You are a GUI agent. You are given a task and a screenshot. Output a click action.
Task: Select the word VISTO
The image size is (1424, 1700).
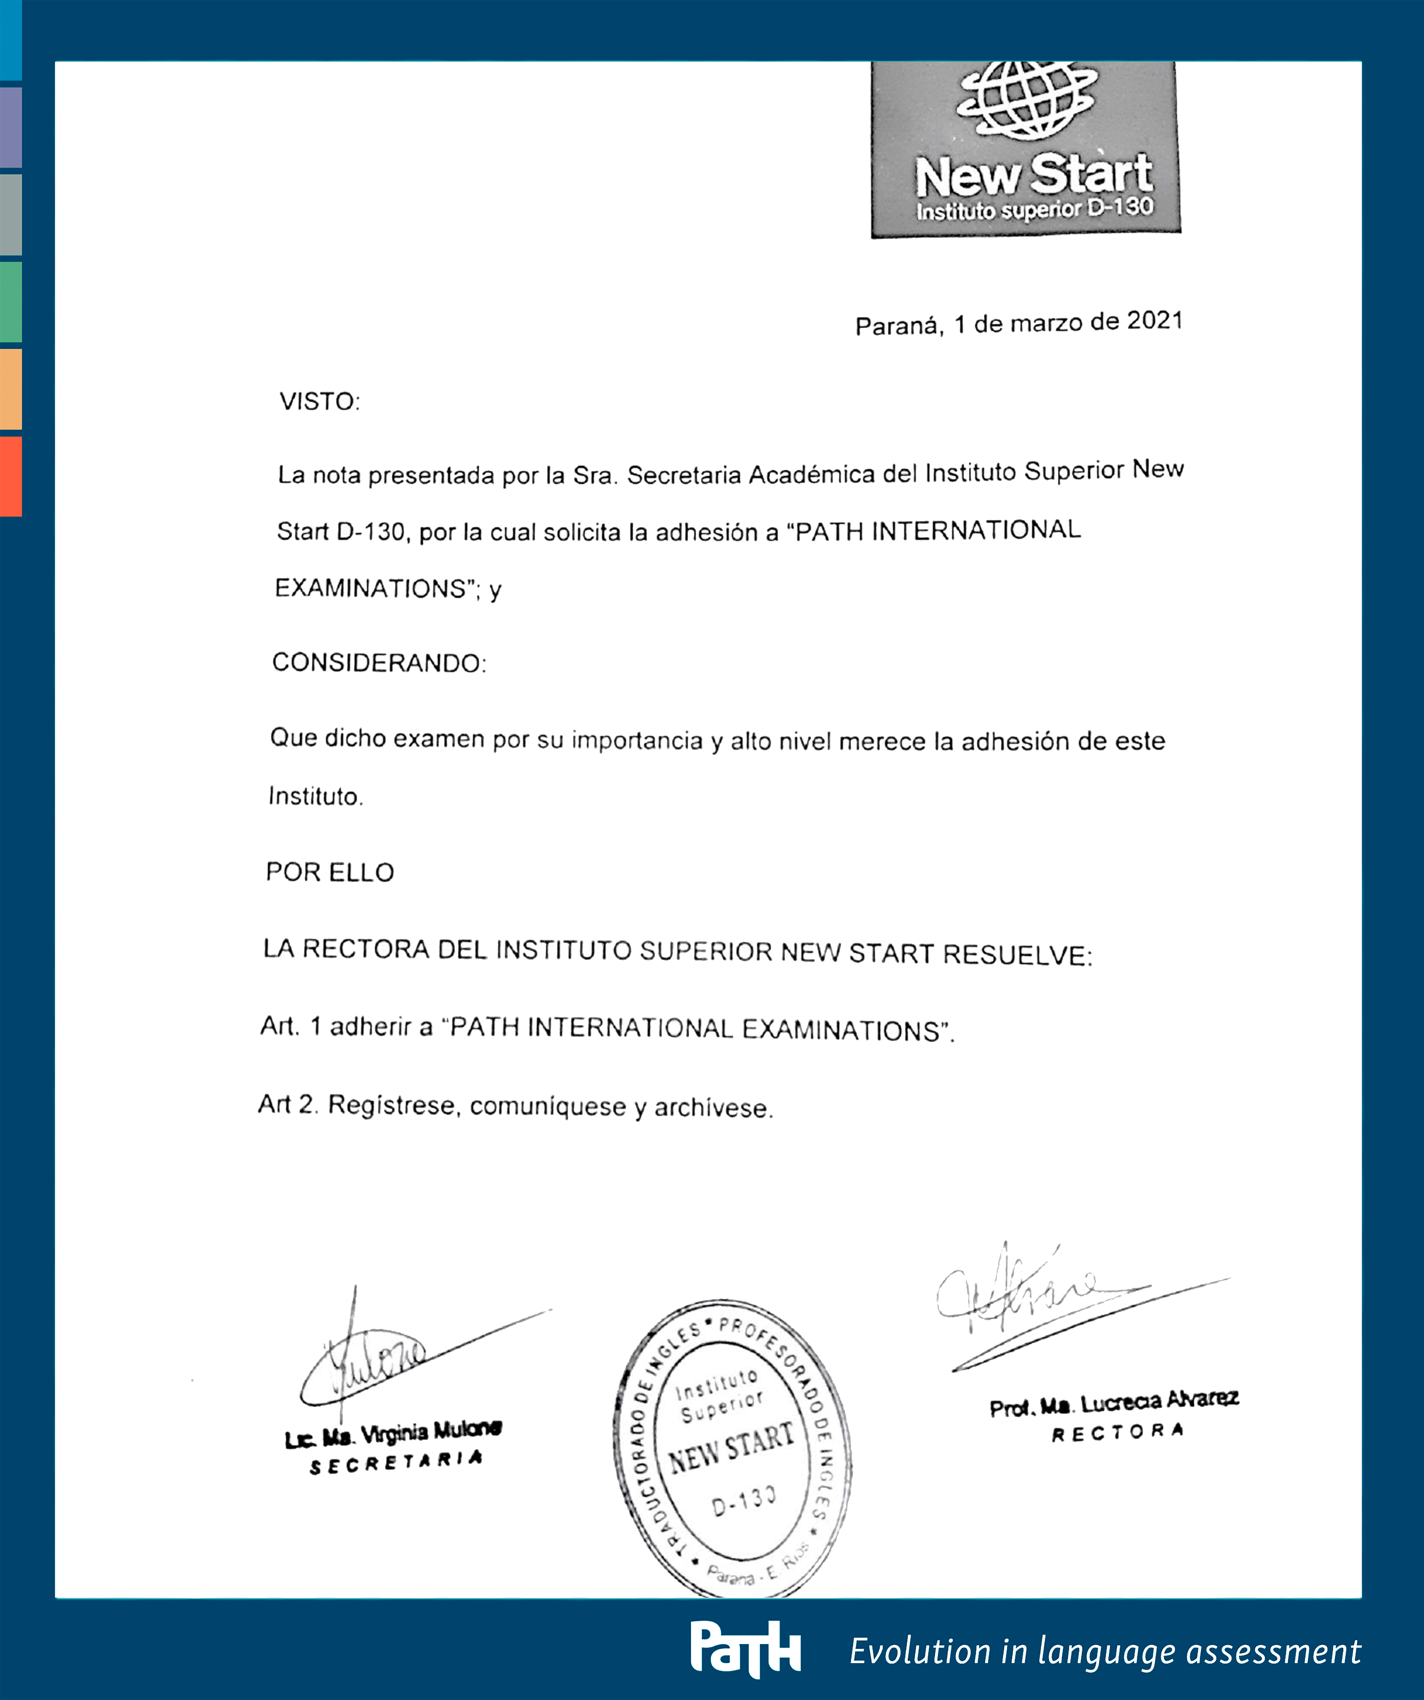click(x=319, y=402)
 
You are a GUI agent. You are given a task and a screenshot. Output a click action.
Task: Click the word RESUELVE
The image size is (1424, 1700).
click(x=1017, y=955)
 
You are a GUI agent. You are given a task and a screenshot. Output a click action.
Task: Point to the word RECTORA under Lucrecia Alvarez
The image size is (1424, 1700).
click(x=1117, y=1433)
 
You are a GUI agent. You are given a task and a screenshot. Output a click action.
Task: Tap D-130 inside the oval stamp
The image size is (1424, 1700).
click(x=743, y=1502)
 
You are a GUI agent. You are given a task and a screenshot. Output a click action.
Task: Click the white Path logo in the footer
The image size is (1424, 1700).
click(x=745, y=1647)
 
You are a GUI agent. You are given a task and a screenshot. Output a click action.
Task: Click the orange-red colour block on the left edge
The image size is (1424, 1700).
click(x=11, y=476)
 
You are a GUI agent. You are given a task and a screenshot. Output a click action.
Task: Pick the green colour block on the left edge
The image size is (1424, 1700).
click(x=11, y=301)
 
